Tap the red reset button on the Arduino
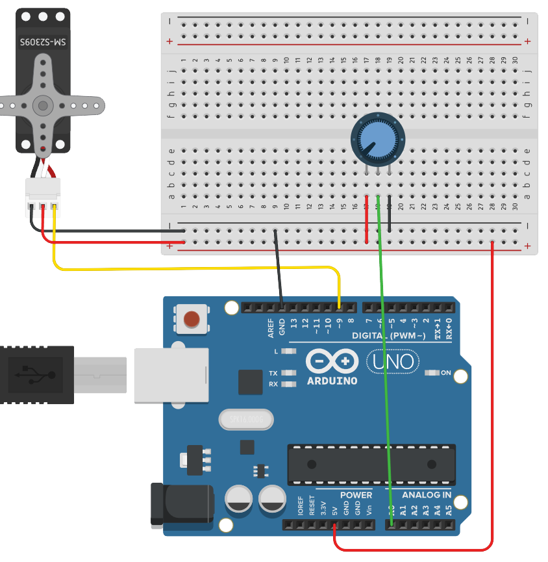click(x=192, y=319)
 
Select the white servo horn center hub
click(x=43, y=104)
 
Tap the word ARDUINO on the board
click(x=332, y=381)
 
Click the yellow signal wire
click(x=195, y=268)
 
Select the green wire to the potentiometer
click(x=383, y=364)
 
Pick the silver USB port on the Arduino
click(x=171, y=375)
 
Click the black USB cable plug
click(x=36, y=375)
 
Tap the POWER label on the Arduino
click(x=356, y=495)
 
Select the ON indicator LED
click(x=432, y=373)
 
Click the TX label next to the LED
click(x=273, y=373)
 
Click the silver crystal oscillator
click(x=245, y=419)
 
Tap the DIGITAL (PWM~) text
click(x=389, y=336)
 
